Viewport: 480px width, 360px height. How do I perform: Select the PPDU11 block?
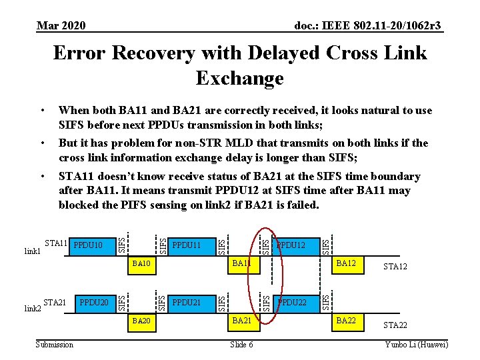click(x=187, y=245)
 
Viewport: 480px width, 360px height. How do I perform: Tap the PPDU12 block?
click(x=291, y=245)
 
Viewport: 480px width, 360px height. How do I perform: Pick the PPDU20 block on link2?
click(x=94, y=303)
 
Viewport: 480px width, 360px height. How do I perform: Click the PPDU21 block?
click(x=187, y=303)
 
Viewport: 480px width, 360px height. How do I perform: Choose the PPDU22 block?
click(x=291, y=303)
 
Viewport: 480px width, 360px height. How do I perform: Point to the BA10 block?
click(x=142, y=265)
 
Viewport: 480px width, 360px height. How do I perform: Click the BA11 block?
click(x=241, y=265)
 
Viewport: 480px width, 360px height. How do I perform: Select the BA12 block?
click(x=346, y=265)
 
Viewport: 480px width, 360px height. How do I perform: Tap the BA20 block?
click(x=142, y=322)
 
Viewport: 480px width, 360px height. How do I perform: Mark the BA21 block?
click(x=241, y=322)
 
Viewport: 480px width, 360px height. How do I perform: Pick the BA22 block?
click(x=346, y=322)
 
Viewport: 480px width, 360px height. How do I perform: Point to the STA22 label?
click(x=395, y=326)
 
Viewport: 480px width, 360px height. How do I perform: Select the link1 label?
click(x=33, y=252)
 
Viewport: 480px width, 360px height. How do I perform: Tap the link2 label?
click(x=33, y=309)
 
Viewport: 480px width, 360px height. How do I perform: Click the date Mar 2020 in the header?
click(x=61, y=25)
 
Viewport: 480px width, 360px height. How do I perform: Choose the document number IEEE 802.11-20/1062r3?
click(x=368, y=25)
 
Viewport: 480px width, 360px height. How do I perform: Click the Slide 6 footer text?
click(x=241, y=344)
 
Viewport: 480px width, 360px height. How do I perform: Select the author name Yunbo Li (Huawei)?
click(x=417, y=344)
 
